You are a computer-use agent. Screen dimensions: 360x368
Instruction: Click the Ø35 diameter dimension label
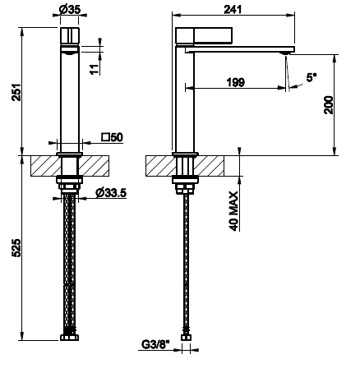coord(70,9)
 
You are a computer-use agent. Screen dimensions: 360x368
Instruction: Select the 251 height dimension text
coord(16,92)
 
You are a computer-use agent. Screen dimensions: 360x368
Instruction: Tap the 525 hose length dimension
coord(16,248)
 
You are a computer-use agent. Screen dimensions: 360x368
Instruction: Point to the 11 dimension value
coord(95,69)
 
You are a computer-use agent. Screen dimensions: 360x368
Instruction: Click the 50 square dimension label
coord(113,137)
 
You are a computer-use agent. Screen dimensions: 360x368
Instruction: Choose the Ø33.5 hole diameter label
coord(111,193)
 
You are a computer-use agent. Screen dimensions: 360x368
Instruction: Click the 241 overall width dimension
coord(233,9)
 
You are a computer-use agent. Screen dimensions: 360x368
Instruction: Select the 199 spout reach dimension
coord(236,82)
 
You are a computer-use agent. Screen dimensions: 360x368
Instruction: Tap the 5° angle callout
coord(311,77)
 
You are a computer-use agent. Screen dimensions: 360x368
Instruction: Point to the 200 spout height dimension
coord(328,105)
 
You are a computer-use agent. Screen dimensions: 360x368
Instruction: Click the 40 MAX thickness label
coord(233,211)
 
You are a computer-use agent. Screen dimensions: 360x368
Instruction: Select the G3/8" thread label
coord(155,344)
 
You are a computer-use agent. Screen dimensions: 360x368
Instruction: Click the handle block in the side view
coord(204,35)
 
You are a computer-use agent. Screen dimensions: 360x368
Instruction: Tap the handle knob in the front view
coord(70,35)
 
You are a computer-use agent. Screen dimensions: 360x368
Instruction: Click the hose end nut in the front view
coord(69,337)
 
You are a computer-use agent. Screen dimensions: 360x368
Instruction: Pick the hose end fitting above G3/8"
coord(186,337)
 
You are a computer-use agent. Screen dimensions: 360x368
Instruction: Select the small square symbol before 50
coord(105,137)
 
